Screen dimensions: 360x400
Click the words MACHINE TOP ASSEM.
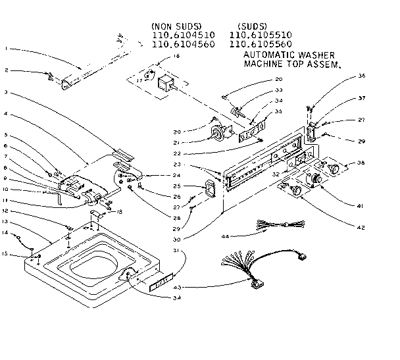[292, 66]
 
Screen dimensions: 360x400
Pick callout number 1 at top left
[6, 49]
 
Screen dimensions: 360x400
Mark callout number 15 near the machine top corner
[5, 253]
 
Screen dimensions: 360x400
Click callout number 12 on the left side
[5, 211]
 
